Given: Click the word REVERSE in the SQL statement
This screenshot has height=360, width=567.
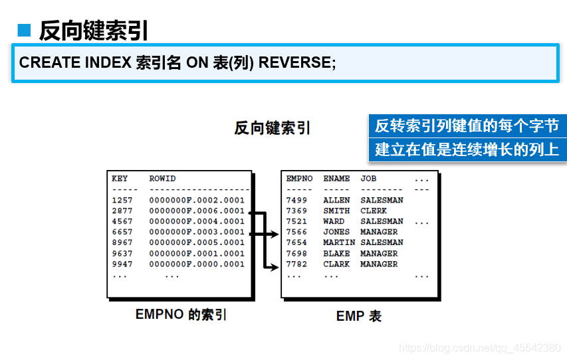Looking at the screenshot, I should (296, 62).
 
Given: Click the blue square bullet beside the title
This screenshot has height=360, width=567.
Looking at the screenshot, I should (25, 30).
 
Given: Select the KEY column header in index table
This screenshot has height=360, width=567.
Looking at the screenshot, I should (120, 179).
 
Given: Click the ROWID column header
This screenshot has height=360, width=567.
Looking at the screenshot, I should (162, 179).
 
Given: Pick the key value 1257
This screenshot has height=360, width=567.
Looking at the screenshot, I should (122, 200).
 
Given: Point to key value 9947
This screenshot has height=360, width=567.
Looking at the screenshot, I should (122, 264).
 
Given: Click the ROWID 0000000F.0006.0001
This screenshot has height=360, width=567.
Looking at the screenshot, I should (197, 211).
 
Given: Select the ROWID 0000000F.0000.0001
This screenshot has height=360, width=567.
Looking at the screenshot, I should (197, 264).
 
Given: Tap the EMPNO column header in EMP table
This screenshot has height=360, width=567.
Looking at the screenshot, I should (299, 179).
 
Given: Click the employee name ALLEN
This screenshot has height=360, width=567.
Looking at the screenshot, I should (336, 200).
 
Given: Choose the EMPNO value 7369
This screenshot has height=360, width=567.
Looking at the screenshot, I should (296, 211).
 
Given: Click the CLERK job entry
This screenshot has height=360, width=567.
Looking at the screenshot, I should (374, 211).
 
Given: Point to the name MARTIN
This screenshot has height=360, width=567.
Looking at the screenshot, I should (339, 242).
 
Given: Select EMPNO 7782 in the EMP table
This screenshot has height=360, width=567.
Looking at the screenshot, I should (296, 264).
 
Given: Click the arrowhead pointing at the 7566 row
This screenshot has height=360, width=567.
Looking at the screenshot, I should (273, 233).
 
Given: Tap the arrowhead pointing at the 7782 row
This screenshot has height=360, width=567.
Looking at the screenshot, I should (273, 267).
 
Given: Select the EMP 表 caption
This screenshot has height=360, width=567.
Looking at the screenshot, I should (359, 316).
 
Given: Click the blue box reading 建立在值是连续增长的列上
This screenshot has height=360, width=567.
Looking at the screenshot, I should (467, 149).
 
